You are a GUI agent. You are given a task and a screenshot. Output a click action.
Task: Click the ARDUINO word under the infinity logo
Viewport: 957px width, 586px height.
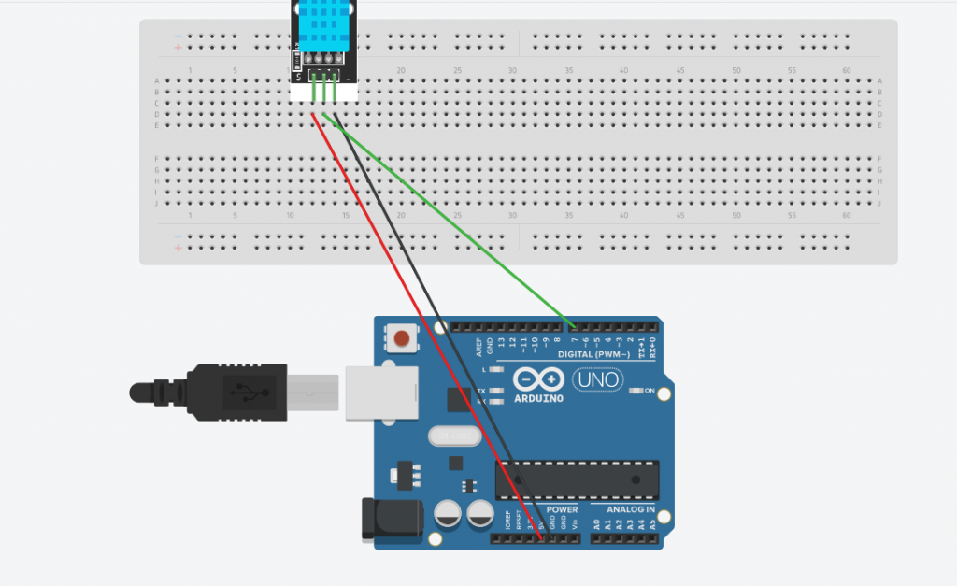pos(538,399)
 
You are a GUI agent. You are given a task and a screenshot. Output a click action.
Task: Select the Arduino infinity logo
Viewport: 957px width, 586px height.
pos(538,380)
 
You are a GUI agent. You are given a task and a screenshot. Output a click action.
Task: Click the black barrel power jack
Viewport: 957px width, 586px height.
pos(383,520)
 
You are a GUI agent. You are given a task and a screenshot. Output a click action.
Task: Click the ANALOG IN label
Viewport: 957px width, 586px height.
pos(630,510)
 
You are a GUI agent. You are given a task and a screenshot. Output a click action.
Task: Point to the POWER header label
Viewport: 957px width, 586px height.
pos(562,510)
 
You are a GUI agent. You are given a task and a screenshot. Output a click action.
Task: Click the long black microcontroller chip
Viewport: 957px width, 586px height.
pos(577,479)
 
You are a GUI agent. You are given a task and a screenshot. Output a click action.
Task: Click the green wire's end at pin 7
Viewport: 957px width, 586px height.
pos(573,327)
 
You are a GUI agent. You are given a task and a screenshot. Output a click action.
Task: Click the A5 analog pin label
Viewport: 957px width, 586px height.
pos(652,526)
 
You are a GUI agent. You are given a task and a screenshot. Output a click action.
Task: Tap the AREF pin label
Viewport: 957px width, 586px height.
pos(478,347)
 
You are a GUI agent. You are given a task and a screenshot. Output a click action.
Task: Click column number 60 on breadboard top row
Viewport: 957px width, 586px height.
pos(846,71)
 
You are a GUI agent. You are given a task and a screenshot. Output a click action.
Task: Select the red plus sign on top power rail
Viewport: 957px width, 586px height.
pos(178,46)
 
